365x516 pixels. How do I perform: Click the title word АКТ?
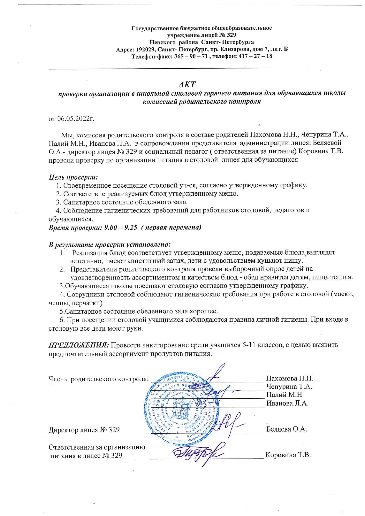tap(187, 84)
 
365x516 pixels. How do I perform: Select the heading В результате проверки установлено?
tap(109, 244)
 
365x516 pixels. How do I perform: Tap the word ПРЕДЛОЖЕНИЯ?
tap(79, 345)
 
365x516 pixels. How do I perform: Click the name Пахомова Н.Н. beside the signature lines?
tap(289, 378)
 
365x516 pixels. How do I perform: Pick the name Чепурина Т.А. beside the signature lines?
tap(289, 387)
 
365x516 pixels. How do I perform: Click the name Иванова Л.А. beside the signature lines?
tap(287, 403)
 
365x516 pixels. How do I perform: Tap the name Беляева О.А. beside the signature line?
tap(286, 429)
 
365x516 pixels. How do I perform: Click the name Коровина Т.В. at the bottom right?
tap(288, 455)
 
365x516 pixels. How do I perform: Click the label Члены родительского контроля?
tap(99, 379)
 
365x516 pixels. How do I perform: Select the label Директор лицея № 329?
tap(84, 430)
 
